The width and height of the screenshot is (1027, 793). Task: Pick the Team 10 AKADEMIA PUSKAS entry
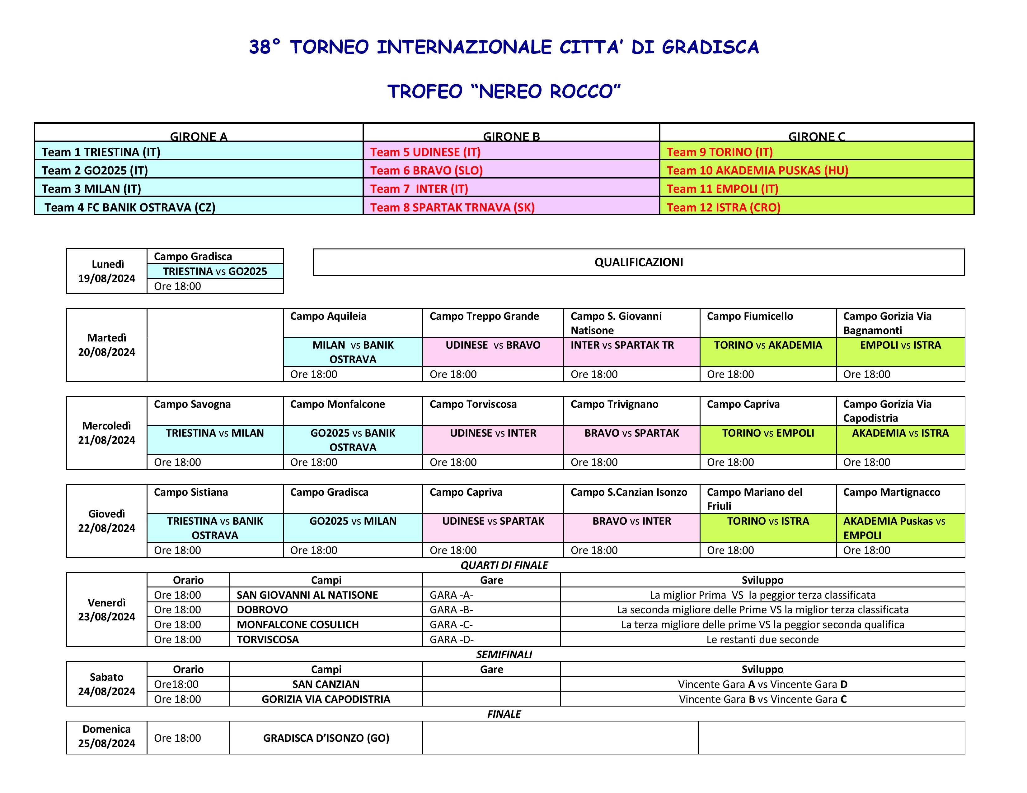[x=757, y=170]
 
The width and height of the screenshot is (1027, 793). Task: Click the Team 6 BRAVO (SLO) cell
[x=426, y=170]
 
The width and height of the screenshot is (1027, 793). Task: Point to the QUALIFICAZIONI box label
[x=639, y=262]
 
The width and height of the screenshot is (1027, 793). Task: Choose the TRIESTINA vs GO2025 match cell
[x=215, y=271]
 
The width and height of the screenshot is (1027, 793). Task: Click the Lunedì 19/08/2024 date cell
[x=107, y=271]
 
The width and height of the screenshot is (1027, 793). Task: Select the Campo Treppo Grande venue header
[x=484, y=316]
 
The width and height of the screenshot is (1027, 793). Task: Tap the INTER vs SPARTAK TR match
[x=622, y=345]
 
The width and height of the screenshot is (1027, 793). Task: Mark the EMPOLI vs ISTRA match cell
[x=900, y=345]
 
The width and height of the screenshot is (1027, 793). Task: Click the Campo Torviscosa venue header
[x=473, y=404]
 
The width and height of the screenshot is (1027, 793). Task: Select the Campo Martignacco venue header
[x=892, y=492]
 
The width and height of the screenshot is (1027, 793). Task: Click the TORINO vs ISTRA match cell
[x=768, y=521]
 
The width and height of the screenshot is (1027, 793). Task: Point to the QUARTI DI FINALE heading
[x=504, y=565]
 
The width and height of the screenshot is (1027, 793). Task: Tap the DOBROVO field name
[x=262, y=609]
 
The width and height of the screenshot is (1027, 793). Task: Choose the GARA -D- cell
[x=452, y=639]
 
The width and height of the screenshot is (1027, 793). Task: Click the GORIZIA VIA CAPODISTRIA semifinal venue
[x=326, y=699]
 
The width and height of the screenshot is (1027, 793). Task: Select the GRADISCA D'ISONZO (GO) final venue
[x=326, y=738]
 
